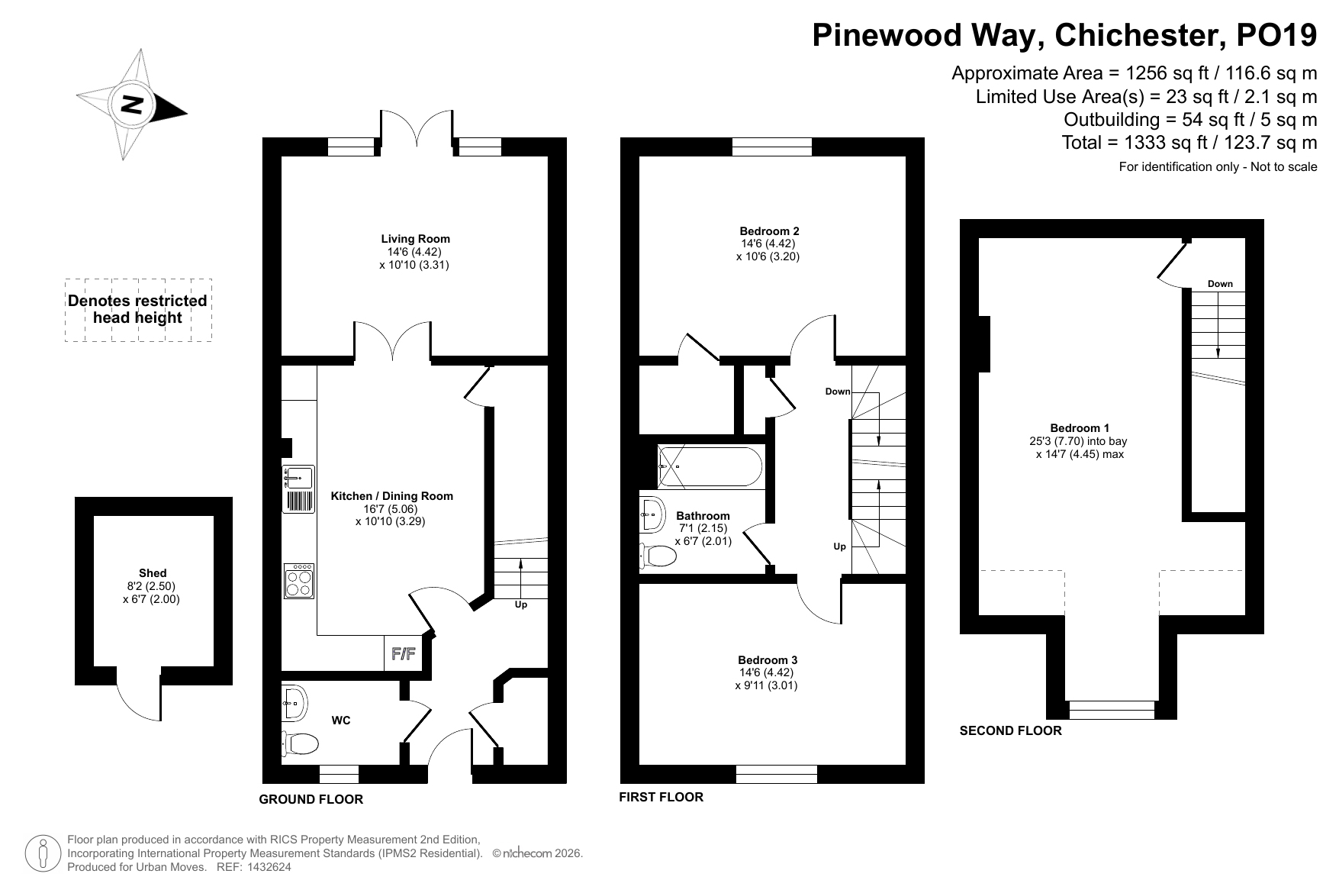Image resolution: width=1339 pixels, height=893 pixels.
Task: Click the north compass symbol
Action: pyautogui.click(x=131, y=105)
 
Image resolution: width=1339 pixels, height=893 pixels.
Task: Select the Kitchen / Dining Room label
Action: pyautogui.click(x=391, y=496)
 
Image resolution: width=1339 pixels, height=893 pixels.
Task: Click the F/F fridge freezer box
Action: pyautogui.click(x=402, y=653)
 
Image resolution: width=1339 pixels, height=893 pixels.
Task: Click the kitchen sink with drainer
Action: pyautogui.click(x=298, y=488)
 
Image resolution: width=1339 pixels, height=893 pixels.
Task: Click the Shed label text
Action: pyautogui.click(x=153, y=573)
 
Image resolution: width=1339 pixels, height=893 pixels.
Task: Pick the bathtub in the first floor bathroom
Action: pyautogui.click(x=709, y=466)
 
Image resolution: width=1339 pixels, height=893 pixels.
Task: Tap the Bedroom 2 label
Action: pyautogui.click(x=769, y=231)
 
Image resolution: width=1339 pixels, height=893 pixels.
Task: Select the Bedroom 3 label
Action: pyautogui.click(x=768, y=660)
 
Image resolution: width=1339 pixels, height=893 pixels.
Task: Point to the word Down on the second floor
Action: pyautogui.click(x=1220, y=284)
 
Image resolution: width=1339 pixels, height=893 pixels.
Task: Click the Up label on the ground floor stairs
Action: pyautogui.click(x=521, y=604)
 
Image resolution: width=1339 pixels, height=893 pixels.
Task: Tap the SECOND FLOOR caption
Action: pyautogui.click(x=1010, y=731)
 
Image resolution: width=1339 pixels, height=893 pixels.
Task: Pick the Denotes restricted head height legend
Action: pyautogui.click(x=138, y=309)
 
